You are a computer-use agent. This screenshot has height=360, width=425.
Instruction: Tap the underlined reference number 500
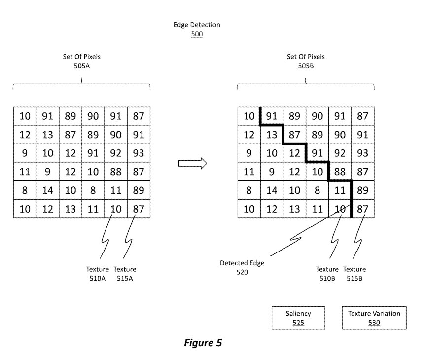197,35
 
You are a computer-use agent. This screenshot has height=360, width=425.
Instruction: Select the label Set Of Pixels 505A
82,61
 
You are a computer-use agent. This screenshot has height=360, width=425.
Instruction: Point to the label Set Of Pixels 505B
306,61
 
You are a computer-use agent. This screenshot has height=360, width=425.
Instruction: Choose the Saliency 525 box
298,318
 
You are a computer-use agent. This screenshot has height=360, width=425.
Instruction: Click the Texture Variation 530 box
374,318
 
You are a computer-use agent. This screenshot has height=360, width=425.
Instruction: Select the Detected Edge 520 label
242,267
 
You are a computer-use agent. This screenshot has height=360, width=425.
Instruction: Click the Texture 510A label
98,273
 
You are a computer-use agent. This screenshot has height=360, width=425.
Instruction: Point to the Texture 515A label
125,273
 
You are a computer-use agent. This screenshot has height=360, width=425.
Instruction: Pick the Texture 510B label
327,273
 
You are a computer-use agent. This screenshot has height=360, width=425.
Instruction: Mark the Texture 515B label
354,273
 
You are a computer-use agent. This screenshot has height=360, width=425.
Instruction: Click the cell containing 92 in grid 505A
116,153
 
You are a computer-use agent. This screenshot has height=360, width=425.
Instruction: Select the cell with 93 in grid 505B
362,153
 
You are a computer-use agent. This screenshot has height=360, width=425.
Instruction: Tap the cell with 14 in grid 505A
48,190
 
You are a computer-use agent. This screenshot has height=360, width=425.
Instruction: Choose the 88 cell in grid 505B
340,172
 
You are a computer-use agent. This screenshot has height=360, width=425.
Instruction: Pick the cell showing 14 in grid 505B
272,190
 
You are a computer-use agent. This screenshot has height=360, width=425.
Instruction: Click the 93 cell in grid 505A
139,153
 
